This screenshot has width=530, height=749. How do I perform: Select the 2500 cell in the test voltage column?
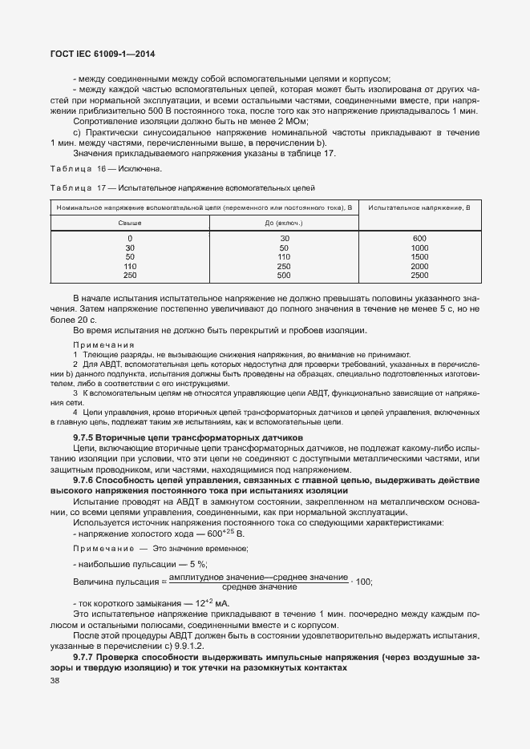pyautogui.click(x=419, y=275)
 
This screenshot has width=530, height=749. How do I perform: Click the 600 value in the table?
pyautogui.click(x=419, y=239)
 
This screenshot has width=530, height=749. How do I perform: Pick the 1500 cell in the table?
pyautogui.click(x=419, y=256)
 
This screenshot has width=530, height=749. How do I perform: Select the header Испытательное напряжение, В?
pyautogui.click(x=419, y=207)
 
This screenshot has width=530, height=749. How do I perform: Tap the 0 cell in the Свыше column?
pyautogui.click(x=130, y=239)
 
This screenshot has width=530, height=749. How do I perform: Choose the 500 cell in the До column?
pyautogui.click(x=284, y=275)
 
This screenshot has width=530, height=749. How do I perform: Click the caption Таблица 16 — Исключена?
pyautogui.click(x=106, y=169)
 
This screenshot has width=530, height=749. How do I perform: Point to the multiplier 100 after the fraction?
pyautogui.click(x=363, y=582)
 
